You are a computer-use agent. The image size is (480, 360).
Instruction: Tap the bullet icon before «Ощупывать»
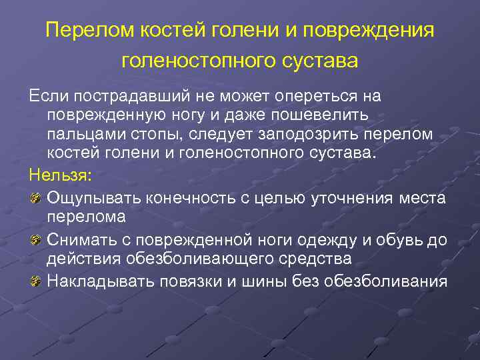pos(36,197)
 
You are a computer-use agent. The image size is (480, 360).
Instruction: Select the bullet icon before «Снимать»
pos(36,237)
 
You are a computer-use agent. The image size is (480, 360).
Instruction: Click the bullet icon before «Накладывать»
pos(36,281)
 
